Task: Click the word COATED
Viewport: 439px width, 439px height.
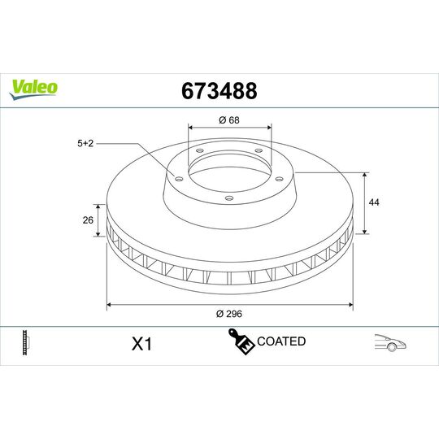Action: tap(280, 341)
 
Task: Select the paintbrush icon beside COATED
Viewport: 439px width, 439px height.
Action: tap(241, 342)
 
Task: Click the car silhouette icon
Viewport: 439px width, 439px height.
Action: tap(390, 343)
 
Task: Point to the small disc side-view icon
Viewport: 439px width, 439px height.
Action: tap(28, 342)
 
